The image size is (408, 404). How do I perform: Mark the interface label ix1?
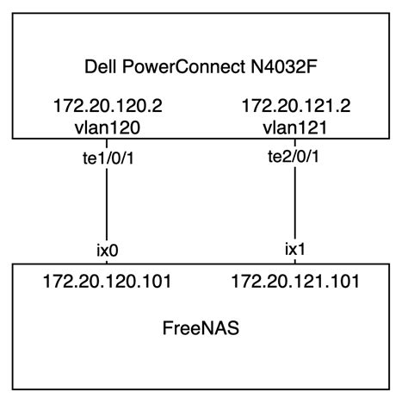coord(295,251)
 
